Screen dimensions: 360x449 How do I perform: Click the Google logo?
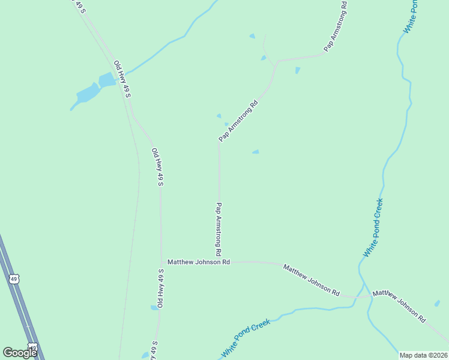pos(20,353)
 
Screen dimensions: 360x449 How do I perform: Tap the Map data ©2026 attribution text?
pos(423,355)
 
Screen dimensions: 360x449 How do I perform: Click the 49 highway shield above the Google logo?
pos(15,279)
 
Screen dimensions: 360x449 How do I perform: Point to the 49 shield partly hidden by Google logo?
pos(34,347)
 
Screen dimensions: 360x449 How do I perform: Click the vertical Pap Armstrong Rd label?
pos(219,227)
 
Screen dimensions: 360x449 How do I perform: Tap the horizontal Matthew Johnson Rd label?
pos(199,262)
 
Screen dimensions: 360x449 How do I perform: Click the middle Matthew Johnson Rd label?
pos(312,280)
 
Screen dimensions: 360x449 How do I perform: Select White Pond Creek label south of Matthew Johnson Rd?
pos(246,338)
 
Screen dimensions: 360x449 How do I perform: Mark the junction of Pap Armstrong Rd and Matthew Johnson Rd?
pos(219,262)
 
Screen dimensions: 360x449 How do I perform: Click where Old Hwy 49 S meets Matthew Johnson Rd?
pos(161,263)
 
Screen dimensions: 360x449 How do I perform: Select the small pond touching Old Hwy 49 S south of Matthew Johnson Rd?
pos(154,308)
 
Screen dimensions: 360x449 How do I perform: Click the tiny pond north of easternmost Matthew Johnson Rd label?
pos(437,303)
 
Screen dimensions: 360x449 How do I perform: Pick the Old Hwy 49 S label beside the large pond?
pos(122,79)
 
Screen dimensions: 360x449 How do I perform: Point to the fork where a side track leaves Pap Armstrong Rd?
pos(276,63)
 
